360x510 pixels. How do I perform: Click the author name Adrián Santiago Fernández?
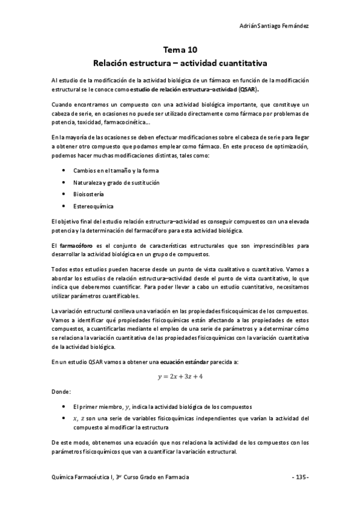click(x=274, y=26)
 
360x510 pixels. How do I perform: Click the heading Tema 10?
click(x=180, y=51)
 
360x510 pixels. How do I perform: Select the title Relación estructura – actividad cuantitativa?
click(x=180, y=63)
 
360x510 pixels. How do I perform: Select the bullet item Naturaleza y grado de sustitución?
click(x=117, y=182)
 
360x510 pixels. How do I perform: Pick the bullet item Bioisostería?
click(x=88, y=194)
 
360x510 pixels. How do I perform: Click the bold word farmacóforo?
click(x=76, y=245)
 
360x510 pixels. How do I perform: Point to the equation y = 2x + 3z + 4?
click(x=180, y=376)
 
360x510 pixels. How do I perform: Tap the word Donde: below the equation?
click(x=61, y=392)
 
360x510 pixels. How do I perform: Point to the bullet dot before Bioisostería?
click(x=64, y=194)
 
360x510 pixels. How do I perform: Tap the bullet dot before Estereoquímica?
click(x=64, y=206)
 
